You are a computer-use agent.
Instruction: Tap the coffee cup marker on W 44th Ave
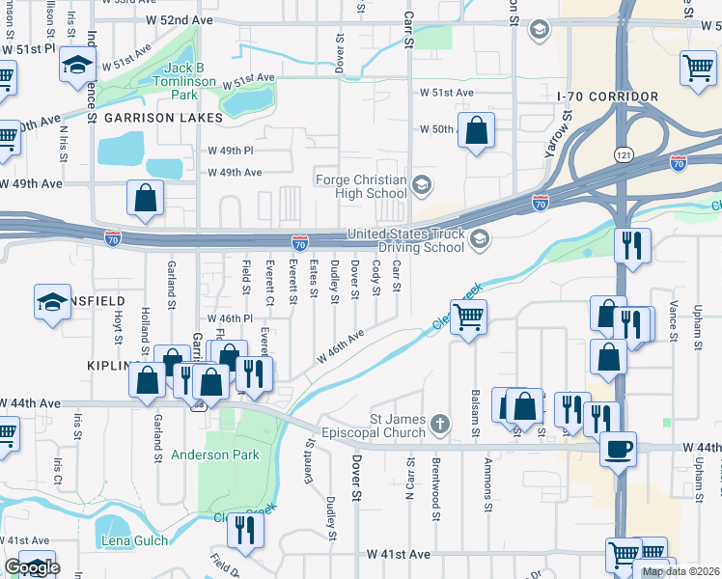(618, 448)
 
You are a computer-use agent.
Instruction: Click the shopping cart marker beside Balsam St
(468, 316)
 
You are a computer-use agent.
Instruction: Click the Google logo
(31, 567)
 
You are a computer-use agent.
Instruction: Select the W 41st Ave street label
(398, 556)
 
